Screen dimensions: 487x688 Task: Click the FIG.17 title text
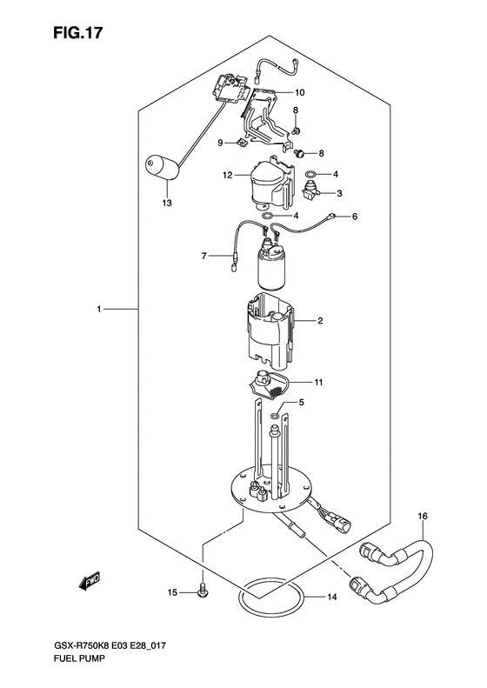pyautogui.click(x=78, y=33)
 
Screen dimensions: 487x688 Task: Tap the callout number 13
pyautogui.click(x=167, y=204)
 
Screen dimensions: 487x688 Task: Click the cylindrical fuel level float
pyautogui.click(x=162, y=167)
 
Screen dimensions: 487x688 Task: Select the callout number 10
pyautogui.click(x=300, y=92)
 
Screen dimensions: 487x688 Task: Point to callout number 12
pyautogui.click(x=227, y=176)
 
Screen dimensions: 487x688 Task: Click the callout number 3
pyautogui.click(x=339, y=193)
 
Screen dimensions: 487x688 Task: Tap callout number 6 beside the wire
pyautogui.click(x=355, y=217)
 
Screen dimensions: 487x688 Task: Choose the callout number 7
pyautogui.click(x=204, y=256)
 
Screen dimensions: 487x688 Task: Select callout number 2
pyautogui.click(x=320, y=321)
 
